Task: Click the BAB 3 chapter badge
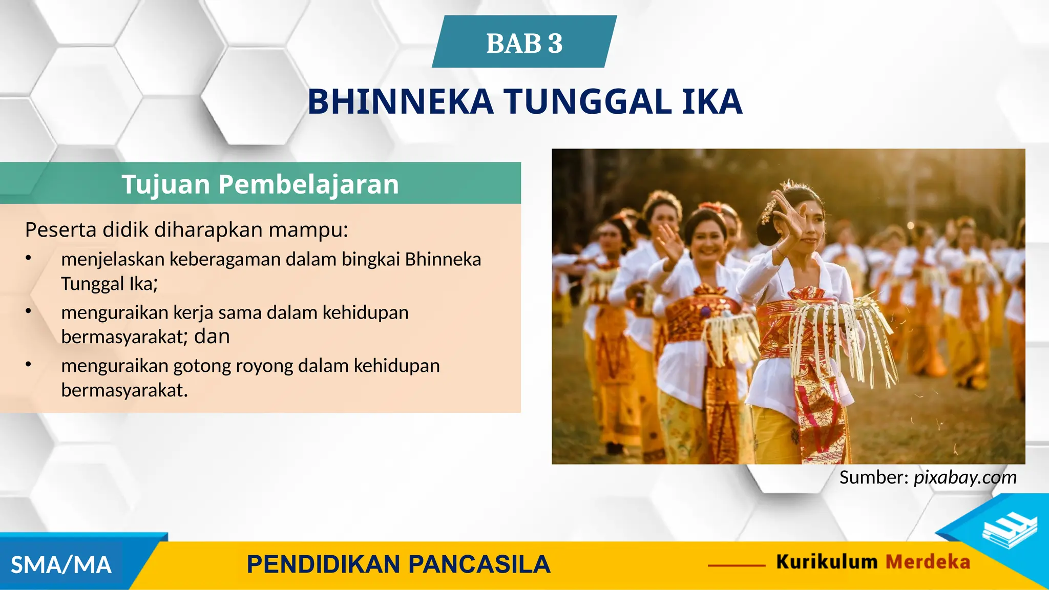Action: tap(524, 43)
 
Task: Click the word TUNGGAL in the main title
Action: tap(588, 102)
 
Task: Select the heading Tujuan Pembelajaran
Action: tap(260, 184)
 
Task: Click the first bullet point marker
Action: tap(29, 258)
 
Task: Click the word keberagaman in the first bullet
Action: tap(225, 260)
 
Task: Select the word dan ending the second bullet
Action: tap(212, 337)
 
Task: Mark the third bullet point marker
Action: tap(29, 365)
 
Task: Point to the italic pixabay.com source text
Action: tap(965, 477)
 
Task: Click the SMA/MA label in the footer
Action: tap(61, 565)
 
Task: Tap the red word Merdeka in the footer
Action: tap(928, 562)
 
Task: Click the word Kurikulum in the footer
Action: tap(827, 562)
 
